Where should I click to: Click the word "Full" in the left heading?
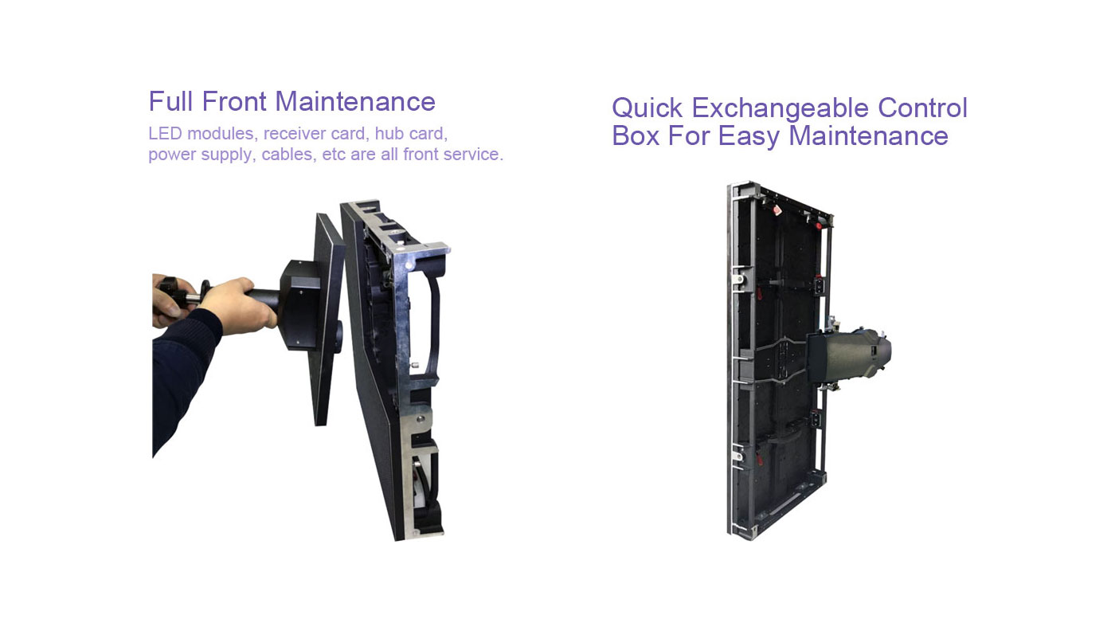pyautogui.click(x=170, y=101)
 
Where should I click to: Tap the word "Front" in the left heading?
pyautogui.click(x=234, y=101)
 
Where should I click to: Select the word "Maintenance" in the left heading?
pyautogui.click(x=355, y=101)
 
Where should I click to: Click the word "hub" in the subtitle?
pyautogui.click(x=389, y=134)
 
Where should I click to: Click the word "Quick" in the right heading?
pyautogui.click(x=647, y=108)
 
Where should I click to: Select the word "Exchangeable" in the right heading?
pyautogui.click(x=780, y=108)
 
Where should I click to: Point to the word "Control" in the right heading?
pyautogui.click(x=922, y=108)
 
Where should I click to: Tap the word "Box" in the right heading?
pyautogui.click(x=636, y=136)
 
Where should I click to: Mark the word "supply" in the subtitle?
pyautogui.click(x=228, y=155)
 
